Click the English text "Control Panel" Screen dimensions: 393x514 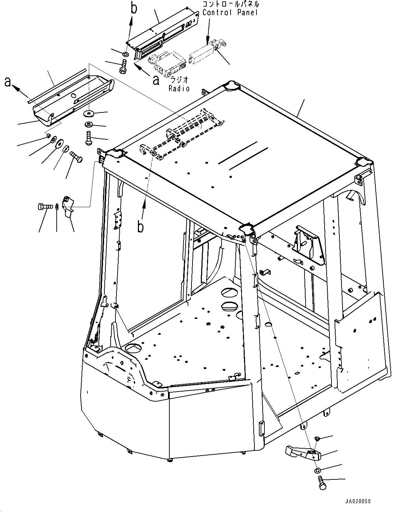pyautogui.click(x=230, y=13)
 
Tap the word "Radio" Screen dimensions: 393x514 pyautogui.click(x=179, y=89)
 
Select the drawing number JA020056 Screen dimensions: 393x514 pyautogui.click(x=358, y=501)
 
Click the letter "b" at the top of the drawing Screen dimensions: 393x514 pyautogui.click(x=133, y=8)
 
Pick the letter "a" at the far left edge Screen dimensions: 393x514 pyautogui.click(x=8, y=82)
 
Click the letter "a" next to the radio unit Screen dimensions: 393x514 pyautogui.click(x=156, y=80)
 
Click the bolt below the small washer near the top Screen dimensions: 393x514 pyautogui.click(x=123, y=67)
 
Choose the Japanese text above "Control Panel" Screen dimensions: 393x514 pyautogui.click(x=231, y=4)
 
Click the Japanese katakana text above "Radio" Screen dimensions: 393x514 pyautogui.click(x=179, y=80)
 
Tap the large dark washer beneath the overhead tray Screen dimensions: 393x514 pyautogui.click(x=89, y=113)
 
